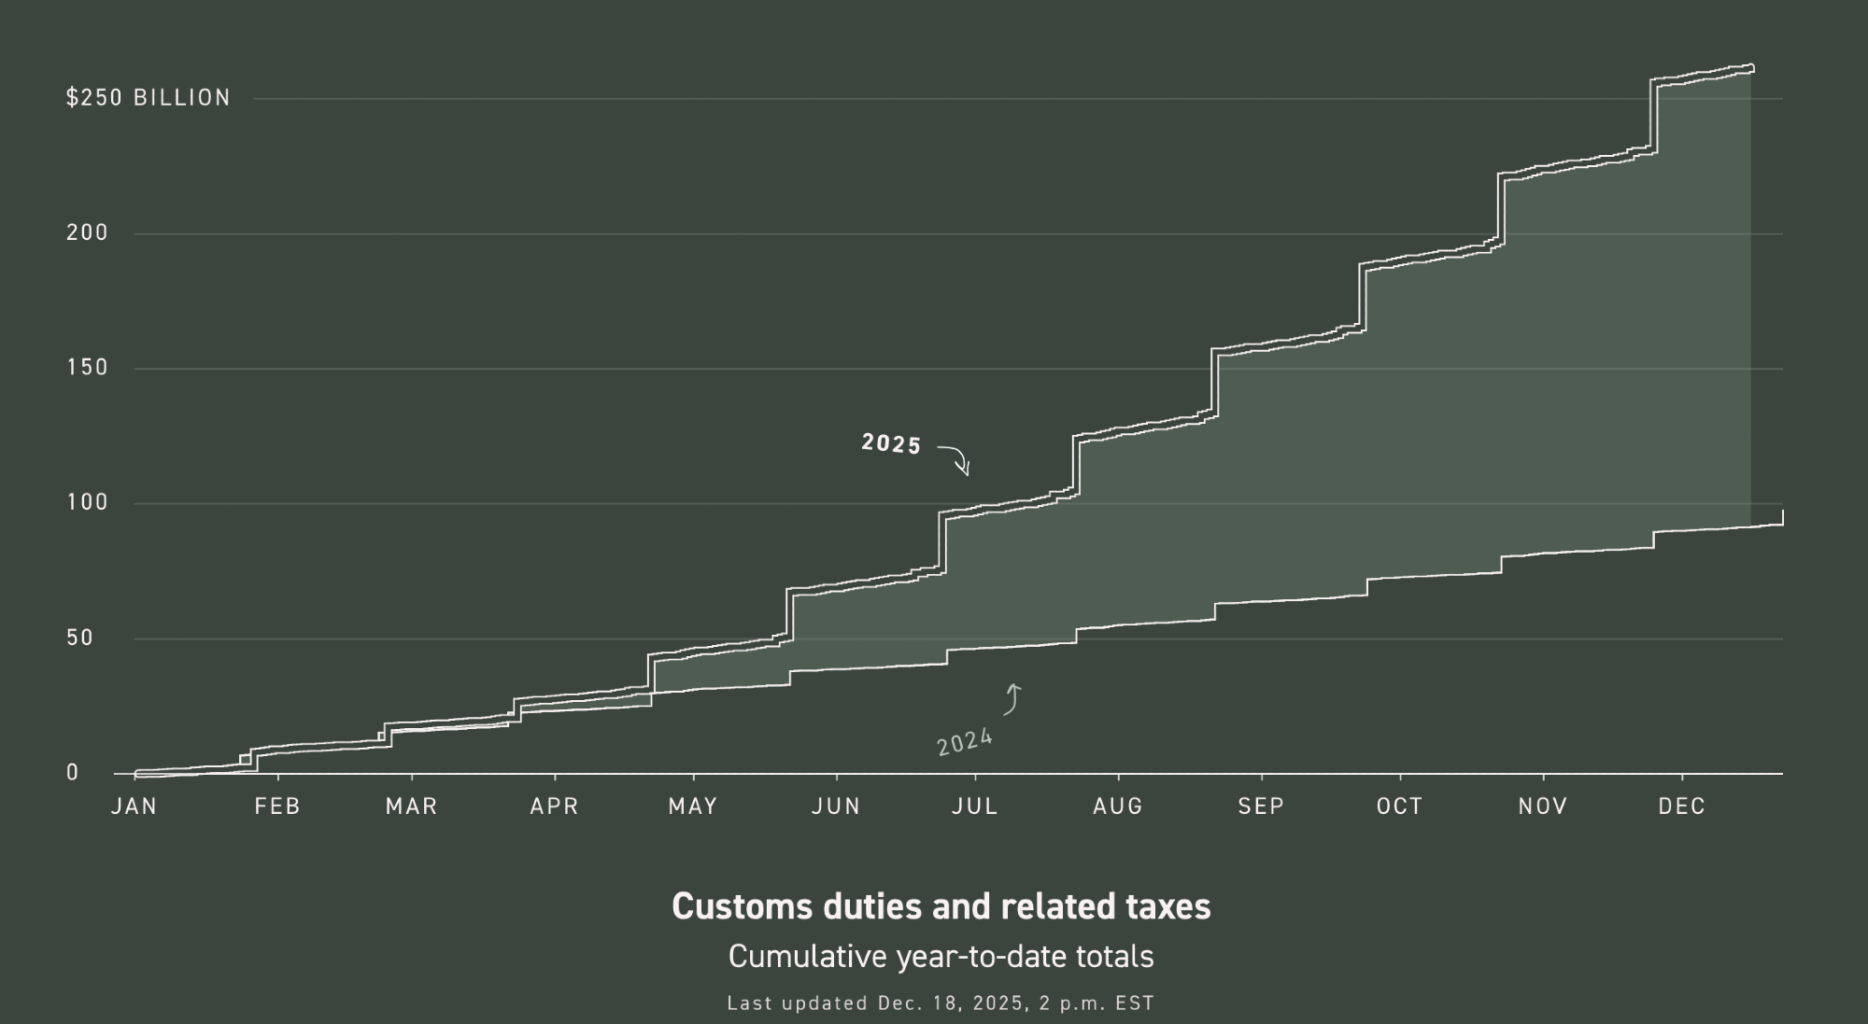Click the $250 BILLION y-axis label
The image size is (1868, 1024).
148,98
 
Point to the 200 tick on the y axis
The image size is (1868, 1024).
87,232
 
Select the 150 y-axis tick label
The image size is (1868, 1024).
87,368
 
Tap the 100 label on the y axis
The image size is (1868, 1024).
87,502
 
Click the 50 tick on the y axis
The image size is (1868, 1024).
79,638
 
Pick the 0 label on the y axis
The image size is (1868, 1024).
72,773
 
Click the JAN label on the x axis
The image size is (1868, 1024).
134,807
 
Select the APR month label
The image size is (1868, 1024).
555,807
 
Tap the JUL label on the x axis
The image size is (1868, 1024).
975,807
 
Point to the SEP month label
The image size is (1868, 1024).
1261,807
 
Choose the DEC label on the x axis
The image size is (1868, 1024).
1682,807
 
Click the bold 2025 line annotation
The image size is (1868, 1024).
891,444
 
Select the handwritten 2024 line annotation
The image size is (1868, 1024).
965,742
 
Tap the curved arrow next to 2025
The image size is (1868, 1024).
956,458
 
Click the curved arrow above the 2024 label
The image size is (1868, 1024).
1012,699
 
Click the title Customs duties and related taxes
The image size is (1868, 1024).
941,906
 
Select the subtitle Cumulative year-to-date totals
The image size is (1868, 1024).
941,957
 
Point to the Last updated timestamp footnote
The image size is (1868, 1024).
941,1003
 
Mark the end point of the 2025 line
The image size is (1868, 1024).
1751,67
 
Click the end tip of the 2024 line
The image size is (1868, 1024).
1782,512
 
